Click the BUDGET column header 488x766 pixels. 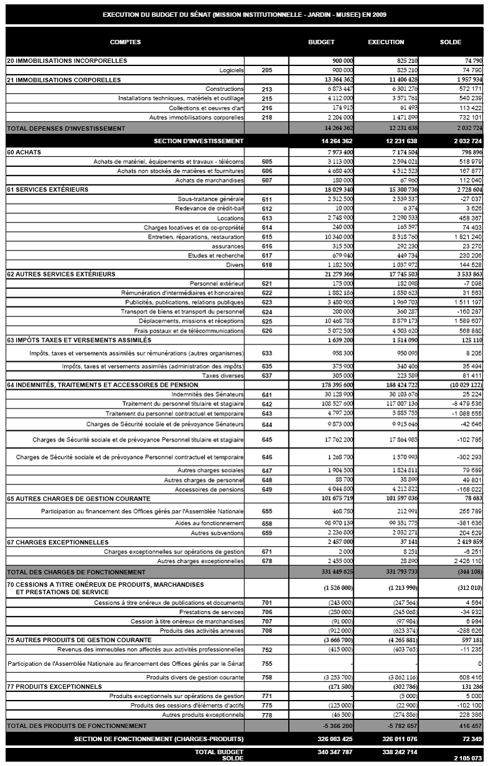click(322, 42)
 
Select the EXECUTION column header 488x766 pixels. click(386, 42)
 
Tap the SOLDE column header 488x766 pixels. click(451, 42)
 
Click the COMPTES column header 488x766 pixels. click(125, 42)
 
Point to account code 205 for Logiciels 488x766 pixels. click(267, 70)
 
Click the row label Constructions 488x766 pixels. click(224, 89)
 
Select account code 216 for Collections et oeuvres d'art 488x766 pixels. click(267, 108)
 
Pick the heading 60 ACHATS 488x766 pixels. click(23, 152)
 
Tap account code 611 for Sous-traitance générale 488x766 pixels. click(267, 199)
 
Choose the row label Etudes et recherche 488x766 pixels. click(216, 255)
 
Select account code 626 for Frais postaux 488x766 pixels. click(267, 331)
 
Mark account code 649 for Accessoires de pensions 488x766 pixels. click(267, 489)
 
